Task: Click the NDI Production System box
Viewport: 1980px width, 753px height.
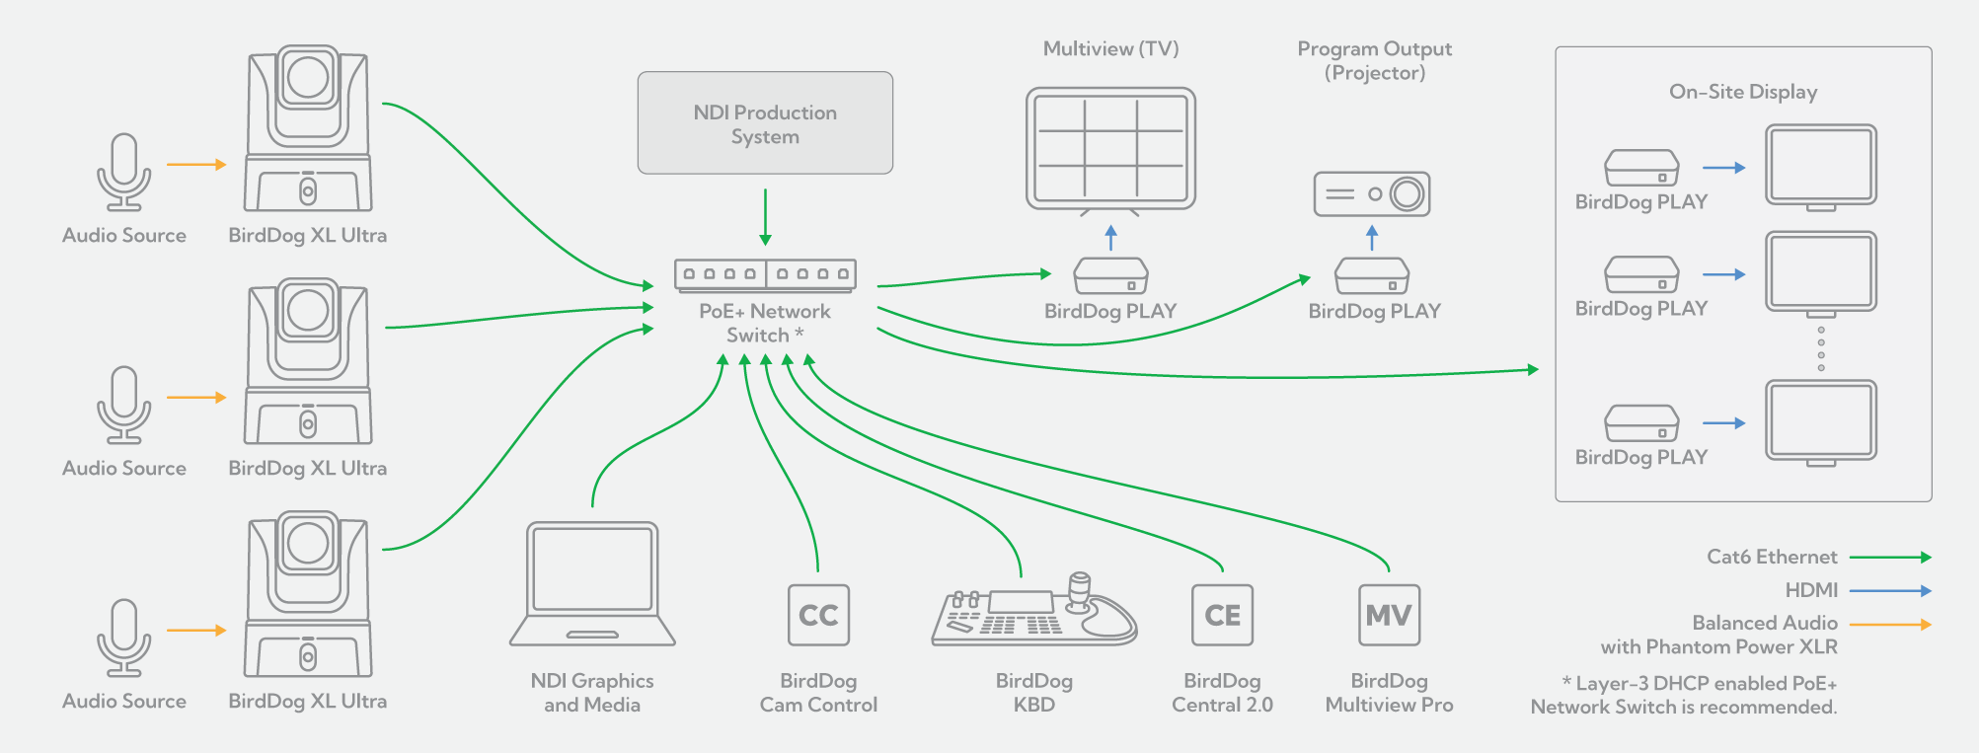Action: [x=765, y=123]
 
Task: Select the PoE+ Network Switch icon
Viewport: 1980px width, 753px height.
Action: [x=765, y=274]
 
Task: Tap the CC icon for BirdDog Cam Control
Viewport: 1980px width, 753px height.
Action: [x=818, y=615]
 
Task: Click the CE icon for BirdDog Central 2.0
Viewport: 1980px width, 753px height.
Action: [x=1222, y=615]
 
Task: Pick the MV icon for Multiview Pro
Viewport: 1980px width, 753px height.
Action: [x=1389, y=615]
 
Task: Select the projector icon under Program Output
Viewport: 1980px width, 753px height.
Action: [x=1372, y=194]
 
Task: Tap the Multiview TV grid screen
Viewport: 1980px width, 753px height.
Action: [x=1110, y=148]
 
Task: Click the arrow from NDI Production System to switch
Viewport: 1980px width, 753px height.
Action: [x=765, y=216]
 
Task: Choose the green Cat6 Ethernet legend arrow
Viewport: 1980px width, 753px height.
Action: [x=1889, y=558]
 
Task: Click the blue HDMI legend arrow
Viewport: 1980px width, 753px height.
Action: [x=1889, y=591]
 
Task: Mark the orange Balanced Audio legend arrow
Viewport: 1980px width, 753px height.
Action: [x=1889, y=625]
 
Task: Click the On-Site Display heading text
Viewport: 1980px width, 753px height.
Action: [x=1743, y=92]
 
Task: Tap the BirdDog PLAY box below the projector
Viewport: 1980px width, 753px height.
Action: [x=1372, y=276]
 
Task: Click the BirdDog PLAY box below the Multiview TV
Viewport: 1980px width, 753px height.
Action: [x=1110, y=276]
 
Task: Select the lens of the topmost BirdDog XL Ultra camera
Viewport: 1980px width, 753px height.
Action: [x=308, y=78]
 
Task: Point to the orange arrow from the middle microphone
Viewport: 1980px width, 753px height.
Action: [x=196, y=398]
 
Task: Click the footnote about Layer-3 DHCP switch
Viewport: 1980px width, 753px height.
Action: [x=1684, y=695]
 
